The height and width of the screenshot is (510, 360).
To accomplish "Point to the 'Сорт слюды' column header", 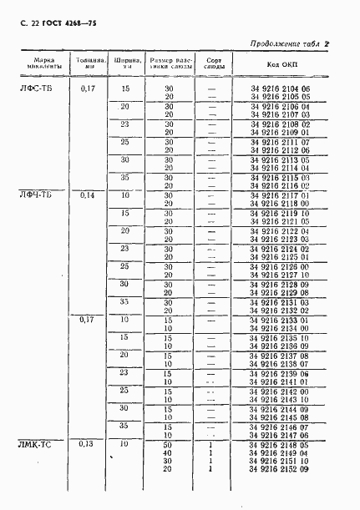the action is coord(213,66).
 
